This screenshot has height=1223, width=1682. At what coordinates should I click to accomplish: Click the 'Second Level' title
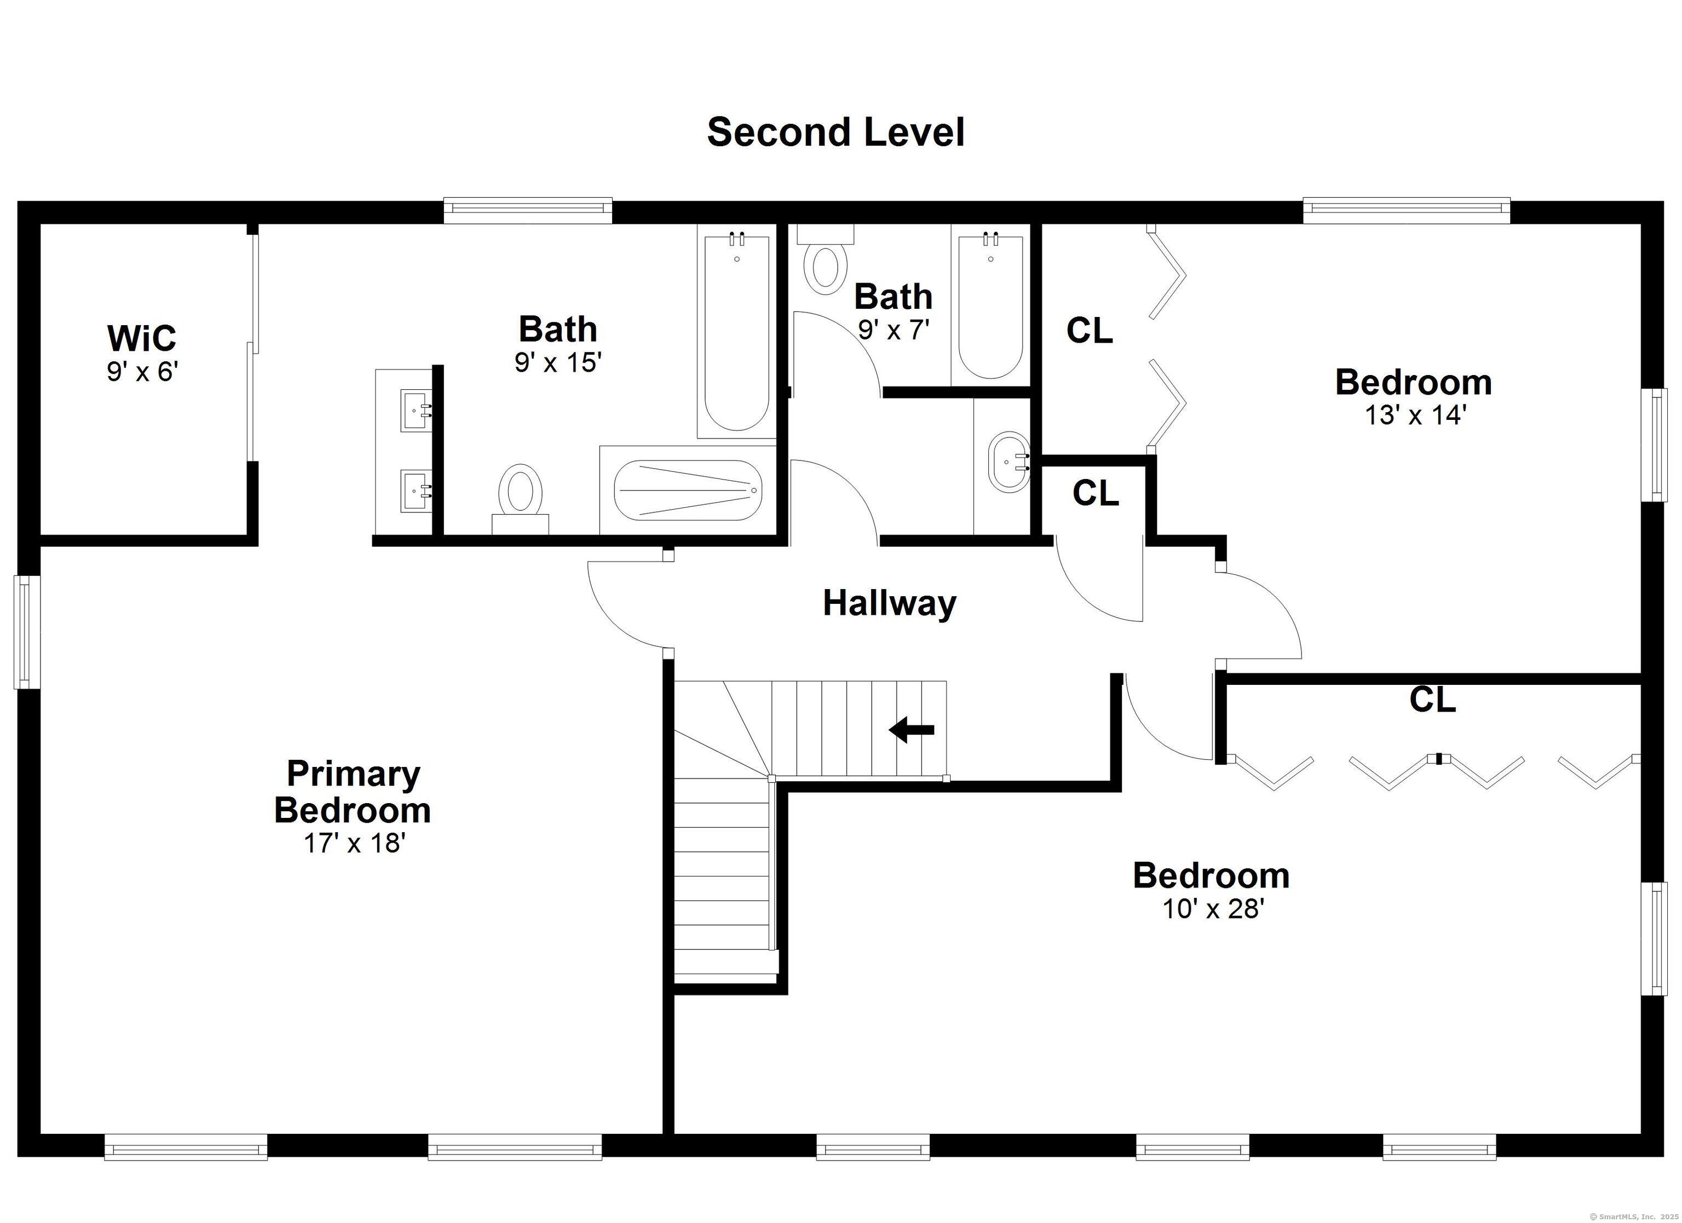[x=836, y=132]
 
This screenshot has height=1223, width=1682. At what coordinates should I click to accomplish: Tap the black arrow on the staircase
[x=912, y=730]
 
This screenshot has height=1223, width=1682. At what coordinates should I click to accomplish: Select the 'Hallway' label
[x=889, y=603]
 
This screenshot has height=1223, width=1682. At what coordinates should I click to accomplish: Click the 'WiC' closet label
[x=142, y=338]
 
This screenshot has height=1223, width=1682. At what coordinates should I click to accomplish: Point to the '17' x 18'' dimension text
[x=354, y=843]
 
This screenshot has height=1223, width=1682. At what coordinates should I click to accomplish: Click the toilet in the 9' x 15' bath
[x=521, y=498]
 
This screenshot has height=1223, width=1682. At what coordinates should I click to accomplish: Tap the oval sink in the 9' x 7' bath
[x=1009, y=461]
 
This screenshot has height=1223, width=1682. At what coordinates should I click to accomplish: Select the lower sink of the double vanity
[x=416, y=490]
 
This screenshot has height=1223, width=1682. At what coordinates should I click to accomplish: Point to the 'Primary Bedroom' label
[x=353, y=792]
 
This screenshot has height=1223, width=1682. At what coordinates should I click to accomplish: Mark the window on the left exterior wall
[x=27, y=632]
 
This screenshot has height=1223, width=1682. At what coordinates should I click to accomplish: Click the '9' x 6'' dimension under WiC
[x=142, y=371]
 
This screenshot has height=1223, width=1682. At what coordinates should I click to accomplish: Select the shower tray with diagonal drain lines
[x=689, y=490]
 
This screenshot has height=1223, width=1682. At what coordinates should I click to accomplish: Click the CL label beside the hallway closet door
[x=1096, y=493]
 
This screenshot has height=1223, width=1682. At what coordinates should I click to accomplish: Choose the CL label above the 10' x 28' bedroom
[x=1433, y=700]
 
